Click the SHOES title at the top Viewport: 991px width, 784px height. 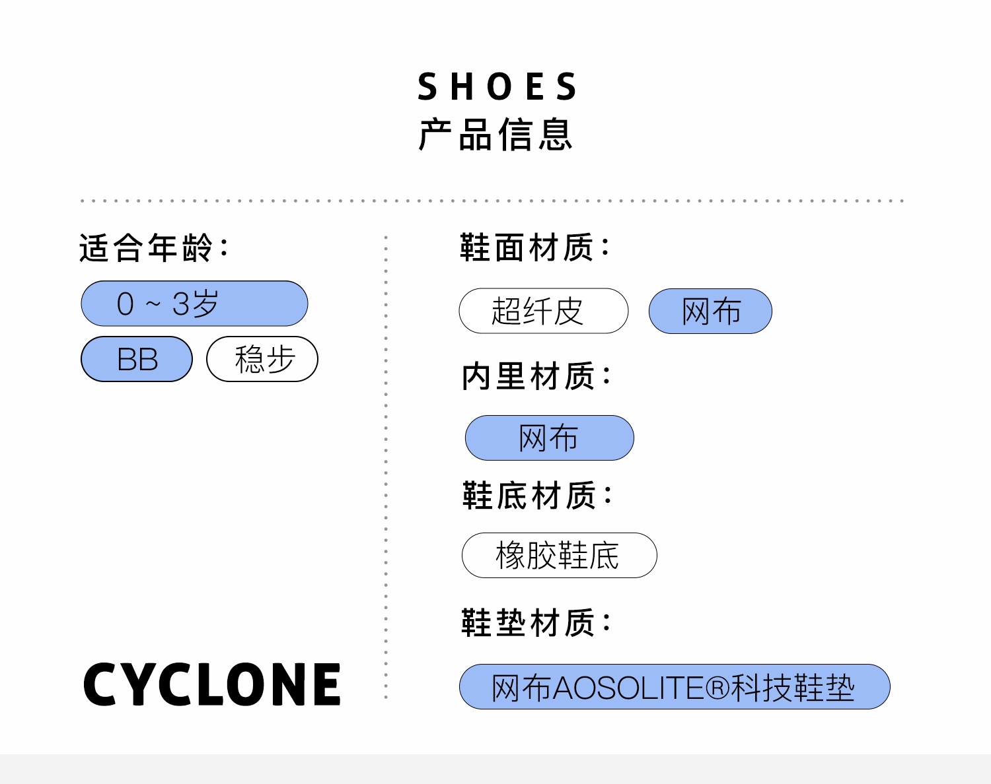coord(497,87)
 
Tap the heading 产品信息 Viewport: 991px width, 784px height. coord(495,135)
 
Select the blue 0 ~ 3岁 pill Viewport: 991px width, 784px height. coord(194,304)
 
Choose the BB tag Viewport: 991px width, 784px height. coord(137,360)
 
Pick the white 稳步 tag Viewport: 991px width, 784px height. coord(262,360)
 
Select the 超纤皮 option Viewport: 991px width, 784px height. coord(543,311)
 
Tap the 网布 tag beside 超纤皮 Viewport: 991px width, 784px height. coord(710,311)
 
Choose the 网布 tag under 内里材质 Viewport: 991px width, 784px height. coord(549,438)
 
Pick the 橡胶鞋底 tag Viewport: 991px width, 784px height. coord(559,555)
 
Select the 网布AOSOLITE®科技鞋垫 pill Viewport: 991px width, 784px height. coord(674,687)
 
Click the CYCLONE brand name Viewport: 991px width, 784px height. coord(212,685)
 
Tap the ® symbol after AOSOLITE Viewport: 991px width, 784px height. coord(717,688)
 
